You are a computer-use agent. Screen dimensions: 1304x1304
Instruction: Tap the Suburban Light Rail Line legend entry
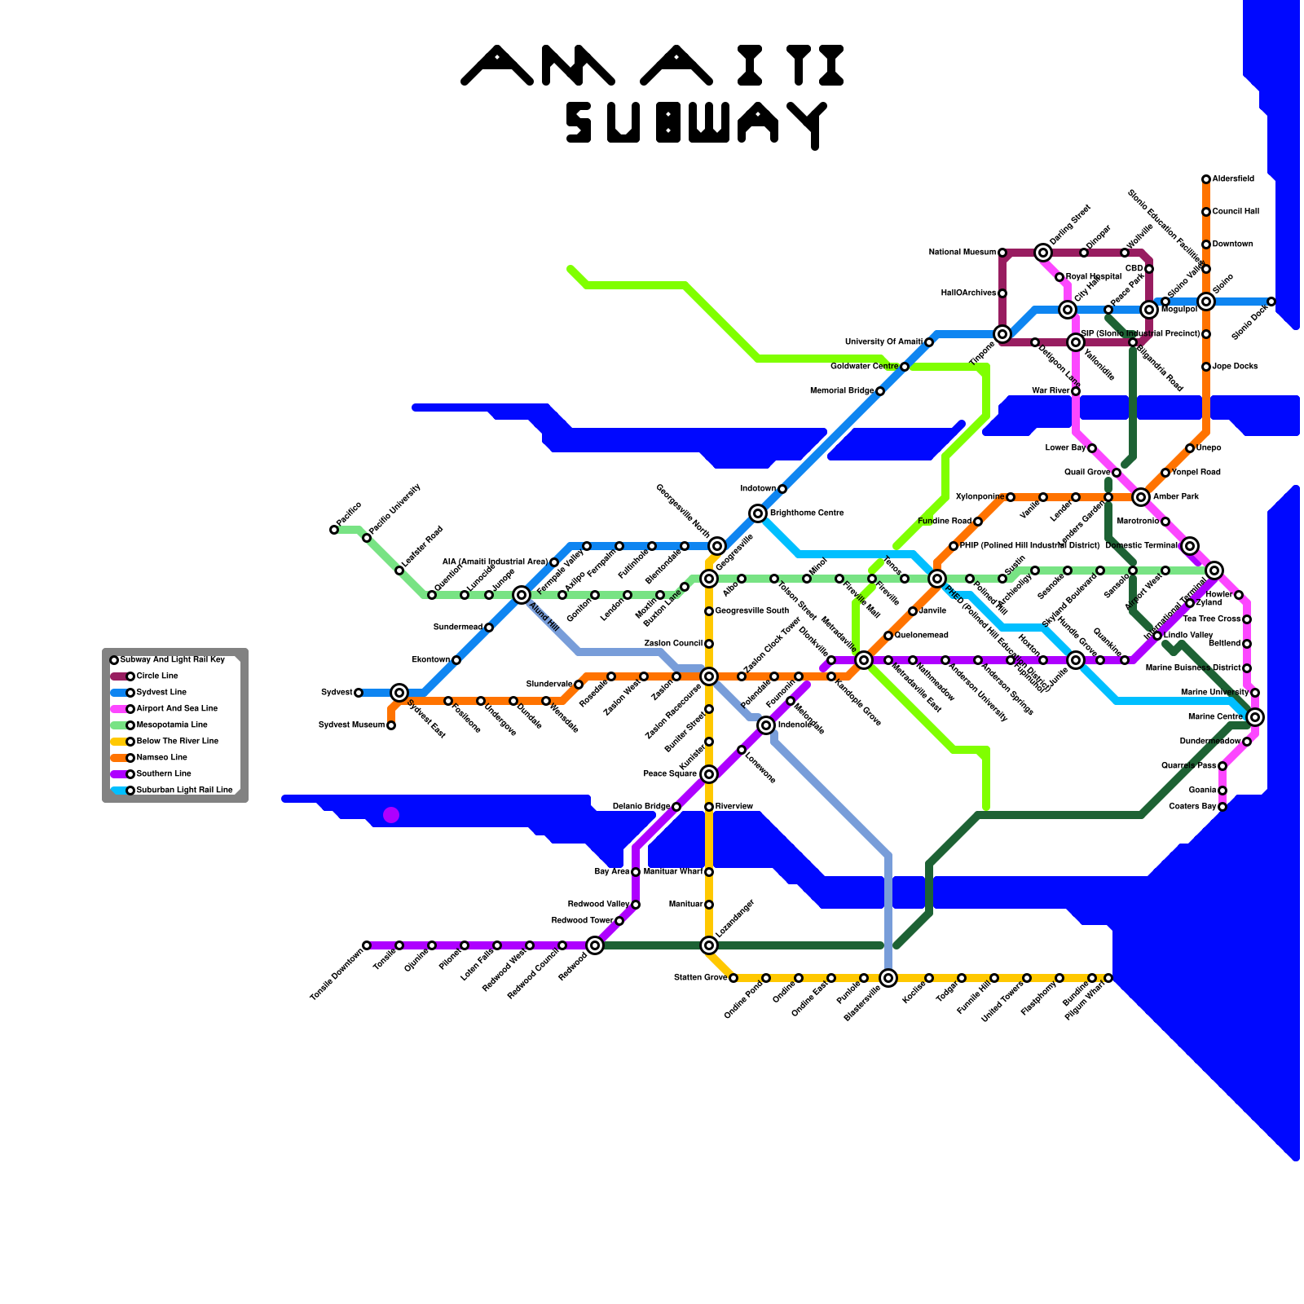184,791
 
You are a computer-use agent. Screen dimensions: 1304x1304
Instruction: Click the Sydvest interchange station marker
399,693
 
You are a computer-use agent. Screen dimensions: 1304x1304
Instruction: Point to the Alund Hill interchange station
522,595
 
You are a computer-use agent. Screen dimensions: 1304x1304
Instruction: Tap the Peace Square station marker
709,774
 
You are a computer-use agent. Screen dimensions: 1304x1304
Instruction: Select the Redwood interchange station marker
595,945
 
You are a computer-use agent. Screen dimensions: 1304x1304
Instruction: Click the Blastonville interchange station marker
888,978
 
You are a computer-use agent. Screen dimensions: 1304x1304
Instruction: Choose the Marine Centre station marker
1255,717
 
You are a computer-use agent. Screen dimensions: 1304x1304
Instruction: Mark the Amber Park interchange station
1141,497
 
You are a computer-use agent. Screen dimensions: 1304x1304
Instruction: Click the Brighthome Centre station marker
758,513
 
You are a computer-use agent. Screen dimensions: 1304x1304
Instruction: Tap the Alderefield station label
1233,179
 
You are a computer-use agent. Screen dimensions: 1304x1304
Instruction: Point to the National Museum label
962,253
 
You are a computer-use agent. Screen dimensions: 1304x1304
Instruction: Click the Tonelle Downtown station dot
367,945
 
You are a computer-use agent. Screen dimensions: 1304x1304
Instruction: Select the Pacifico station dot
334,530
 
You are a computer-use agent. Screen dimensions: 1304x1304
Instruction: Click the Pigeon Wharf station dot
1108,978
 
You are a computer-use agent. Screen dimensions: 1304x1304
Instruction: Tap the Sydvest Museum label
350,725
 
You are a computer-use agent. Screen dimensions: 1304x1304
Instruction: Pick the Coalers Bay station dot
1222,807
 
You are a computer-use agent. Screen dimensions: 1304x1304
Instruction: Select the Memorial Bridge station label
842,391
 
